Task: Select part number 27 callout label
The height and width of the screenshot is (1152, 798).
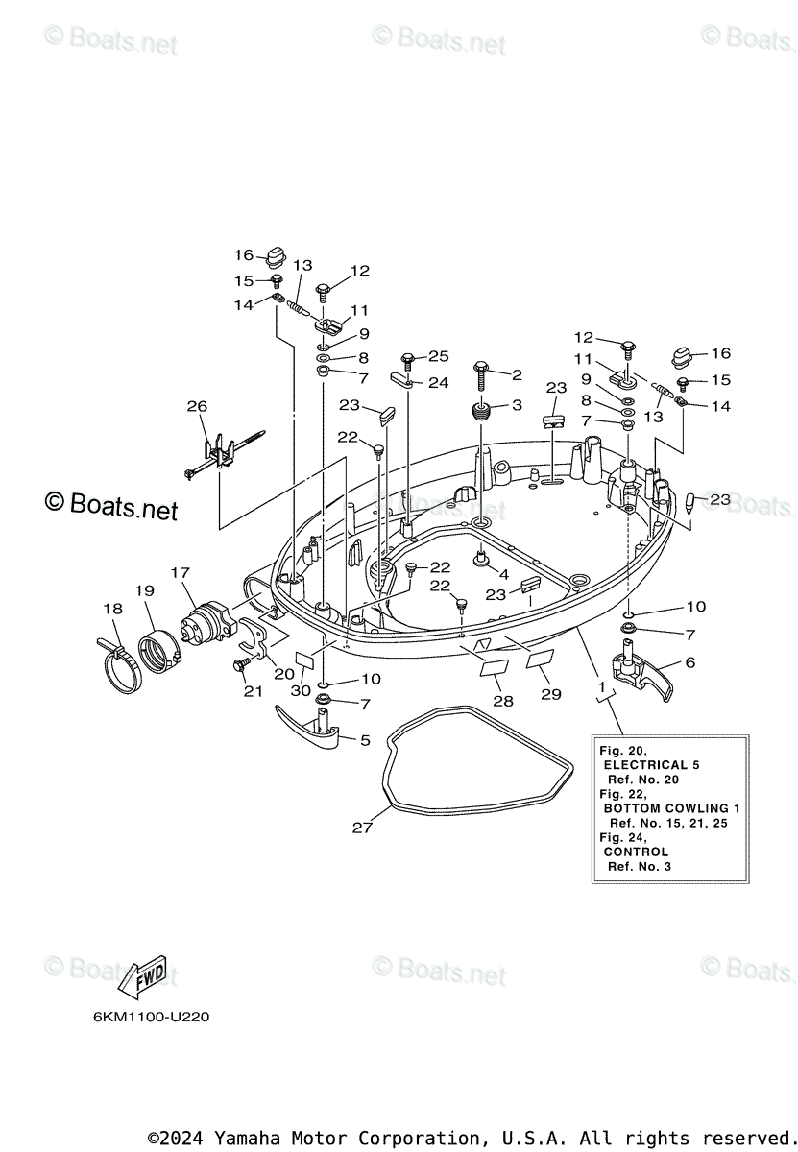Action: [361, 828]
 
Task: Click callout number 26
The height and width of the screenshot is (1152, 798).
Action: [197, 407]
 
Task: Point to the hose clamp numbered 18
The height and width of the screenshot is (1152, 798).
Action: [119, 662]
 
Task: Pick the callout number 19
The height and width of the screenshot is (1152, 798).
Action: [144, 591]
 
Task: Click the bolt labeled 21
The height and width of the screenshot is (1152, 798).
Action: [240, 663]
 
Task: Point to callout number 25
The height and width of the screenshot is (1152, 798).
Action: [438, 356]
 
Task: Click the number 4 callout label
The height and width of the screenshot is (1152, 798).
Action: [503, 575]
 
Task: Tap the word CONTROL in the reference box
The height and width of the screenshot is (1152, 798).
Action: [636, 852]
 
